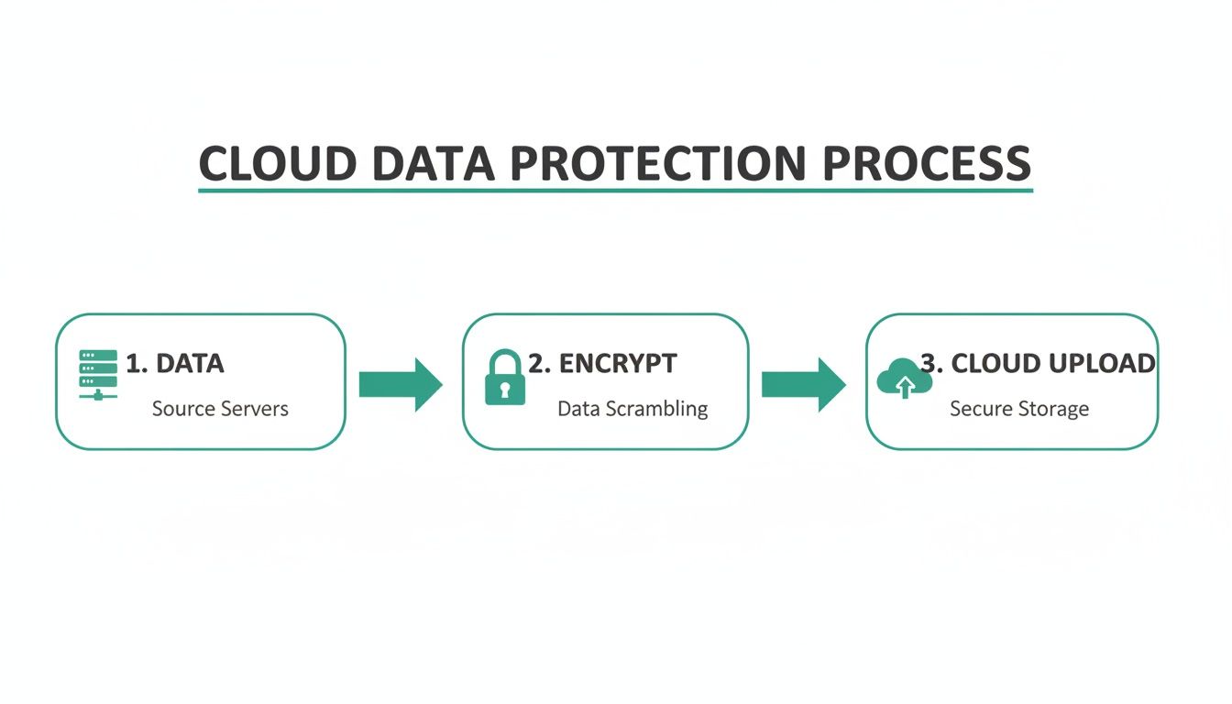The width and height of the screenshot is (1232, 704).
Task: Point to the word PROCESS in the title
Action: [926, 163]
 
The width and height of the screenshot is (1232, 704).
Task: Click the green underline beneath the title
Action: [615, 190]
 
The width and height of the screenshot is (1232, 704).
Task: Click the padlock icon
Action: [504, 377]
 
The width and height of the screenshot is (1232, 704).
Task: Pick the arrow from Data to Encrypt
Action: [400, 384]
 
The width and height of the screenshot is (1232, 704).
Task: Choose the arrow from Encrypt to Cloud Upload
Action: [803, 384]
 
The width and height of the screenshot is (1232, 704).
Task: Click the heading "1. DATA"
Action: [174, 363]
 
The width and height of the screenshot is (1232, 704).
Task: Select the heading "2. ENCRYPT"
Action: [602, 363]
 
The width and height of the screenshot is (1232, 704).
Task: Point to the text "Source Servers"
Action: [220, 409]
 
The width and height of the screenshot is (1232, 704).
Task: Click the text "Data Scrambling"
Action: [632, 409]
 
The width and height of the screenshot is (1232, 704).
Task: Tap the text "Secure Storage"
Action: [1019, 409]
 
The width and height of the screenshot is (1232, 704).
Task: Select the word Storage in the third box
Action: [1052, 409]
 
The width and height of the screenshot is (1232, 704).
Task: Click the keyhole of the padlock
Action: [504, 390]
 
